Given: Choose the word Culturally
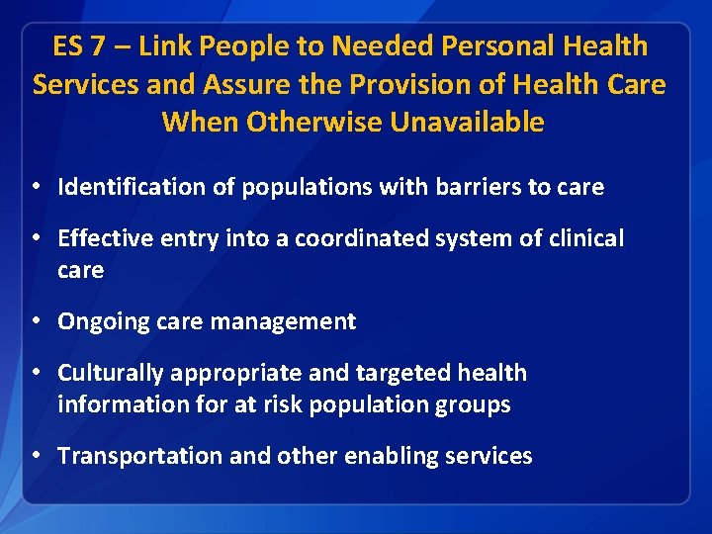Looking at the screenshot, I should click(x=110, y=373).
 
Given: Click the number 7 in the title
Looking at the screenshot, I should click(x=97, y=46).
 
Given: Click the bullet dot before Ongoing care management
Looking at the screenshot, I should click(x=35, y=322).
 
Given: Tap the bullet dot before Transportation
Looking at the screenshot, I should click(x=35, y=457).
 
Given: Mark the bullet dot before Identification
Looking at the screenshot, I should click(x=35, y=187).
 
